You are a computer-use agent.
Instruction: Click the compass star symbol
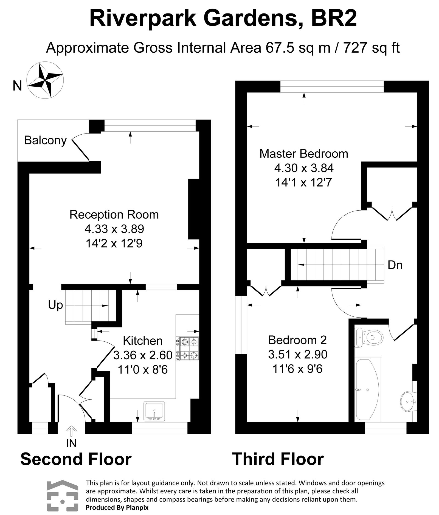[x=45, y=80]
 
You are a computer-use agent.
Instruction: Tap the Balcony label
[x=45, y=140]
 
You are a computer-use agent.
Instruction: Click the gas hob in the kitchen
[x=188, y=349]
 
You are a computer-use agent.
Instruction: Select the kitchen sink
[x=154, y=411]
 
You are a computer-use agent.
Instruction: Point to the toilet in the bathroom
[x=369, y=336]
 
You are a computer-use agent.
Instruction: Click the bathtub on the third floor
[x=367, y=389]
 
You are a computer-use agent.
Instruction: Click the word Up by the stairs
[x=55, y=305]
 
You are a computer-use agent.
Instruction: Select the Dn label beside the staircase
[x=395, y=265]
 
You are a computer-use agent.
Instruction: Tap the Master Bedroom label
[x=303, y=154]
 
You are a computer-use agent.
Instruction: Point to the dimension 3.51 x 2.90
[x=298, y=354]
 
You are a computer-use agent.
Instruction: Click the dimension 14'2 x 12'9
[x=114, y=243]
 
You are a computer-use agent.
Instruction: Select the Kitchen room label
[x=143, y=341]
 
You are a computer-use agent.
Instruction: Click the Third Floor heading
[x=278, y=459]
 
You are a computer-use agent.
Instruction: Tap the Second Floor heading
[x=76, y=459]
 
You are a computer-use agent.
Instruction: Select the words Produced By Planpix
[x=117, y=508]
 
